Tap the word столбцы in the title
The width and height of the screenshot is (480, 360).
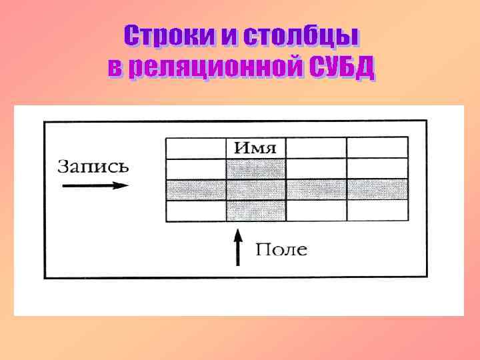(x=301, y=37)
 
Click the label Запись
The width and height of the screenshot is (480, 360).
(x=93, y=166)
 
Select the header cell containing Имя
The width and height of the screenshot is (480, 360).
(x=257, y=148)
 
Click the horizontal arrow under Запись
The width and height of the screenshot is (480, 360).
(x=95, y=186)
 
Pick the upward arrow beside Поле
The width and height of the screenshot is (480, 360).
(x=237, y=246)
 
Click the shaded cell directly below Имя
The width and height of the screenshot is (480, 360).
(x=257, y=169)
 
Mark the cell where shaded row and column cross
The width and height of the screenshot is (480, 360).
(x=257, y=190)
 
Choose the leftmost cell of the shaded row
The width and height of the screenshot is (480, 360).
(x=196, y=190)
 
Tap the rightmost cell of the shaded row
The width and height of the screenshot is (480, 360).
(x=377, y=190)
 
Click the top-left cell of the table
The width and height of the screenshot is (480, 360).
(x=196, y=148)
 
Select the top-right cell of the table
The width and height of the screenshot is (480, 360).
(x=377, y=148)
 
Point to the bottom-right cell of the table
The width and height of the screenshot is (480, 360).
(x=377, y=211)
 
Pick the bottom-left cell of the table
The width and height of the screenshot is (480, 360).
(x=196, y=211)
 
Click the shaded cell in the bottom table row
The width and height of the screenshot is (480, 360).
(x=257, y=211)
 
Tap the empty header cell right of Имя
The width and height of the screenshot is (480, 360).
(x=316, y=148)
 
